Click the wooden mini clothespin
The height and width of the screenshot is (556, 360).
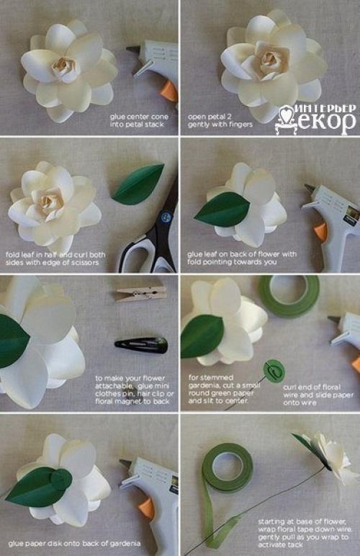tap(141, 294)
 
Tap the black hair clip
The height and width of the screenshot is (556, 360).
tap(141, 345)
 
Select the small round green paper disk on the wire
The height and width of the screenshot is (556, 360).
tap(274, 371)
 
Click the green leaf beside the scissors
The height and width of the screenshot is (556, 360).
tap(138, 184)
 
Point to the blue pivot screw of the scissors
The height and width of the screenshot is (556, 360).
tap(166, 217)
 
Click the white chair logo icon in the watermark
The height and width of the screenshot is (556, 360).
tap(287, 120)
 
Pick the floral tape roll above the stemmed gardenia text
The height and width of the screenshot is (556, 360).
tap(289, 296)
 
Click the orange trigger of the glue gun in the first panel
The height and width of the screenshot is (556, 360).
tap(168, 91)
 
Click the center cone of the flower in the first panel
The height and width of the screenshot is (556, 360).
tap(65, 68)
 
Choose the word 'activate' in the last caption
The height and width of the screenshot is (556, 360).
tap(274, 544)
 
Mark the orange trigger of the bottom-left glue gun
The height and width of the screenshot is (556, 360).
tap(147, 509)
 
